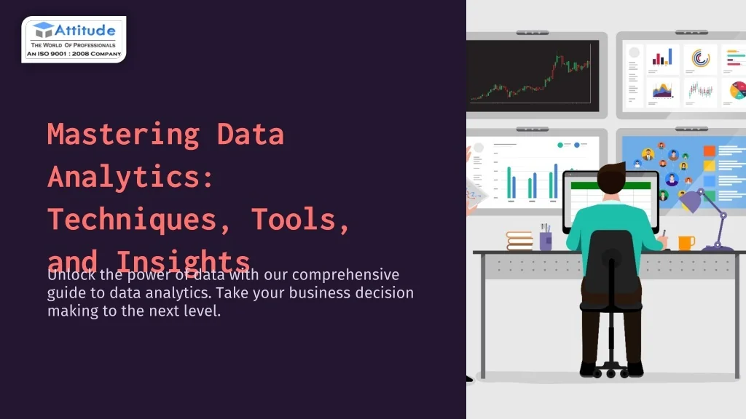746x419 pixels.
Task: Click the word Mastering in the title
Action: (x=122, y=135)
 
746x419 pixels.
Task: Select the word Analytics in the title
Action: (x=131, y=177)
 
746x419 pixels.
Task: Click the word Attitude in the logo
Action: (x=85, y=31)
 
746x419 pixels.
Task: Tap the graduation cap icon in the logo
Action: (x=43, y=30)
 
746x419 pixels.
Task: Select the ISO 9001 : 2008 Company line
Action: (x=74, y=54)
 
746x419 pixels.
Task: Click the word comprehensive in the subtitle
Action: (x=346, y=275)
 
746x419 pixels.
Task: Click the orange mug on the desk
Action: (x=686, y=242)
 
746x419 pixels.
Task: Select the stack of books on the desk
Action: (x=519, y=241)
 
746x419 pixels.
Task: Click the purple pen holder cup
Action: (x=546, y=241)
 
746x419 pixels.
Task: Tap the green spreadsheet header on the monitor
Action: (x=610, y=185)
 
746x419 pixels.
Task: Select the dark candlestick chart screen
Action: (x=533, y=76)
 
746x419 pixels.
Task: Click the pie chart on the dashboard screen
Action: (x=737, y=90)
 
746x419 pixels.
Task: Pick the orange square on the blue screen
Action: (x=710, y=151)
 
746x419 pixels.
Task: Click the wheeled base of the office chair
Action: (x=611, y=371)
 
